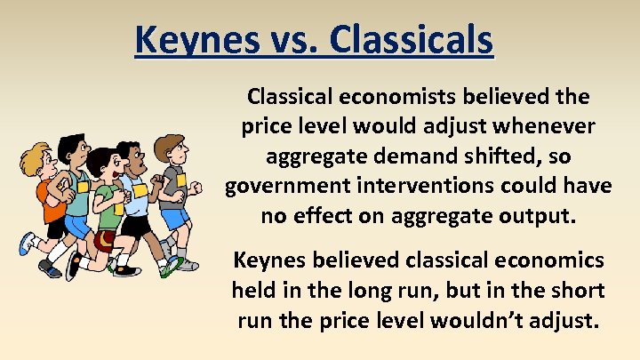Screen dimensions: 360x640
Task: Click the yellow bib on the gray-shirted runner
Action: click(x=180, y=177)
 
